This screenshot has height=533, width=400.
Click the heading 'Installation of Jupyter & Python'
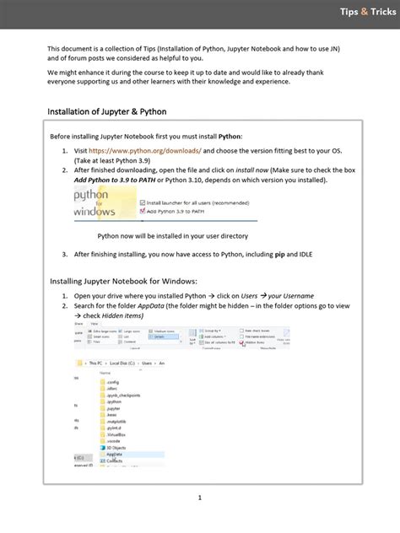pos(106,111)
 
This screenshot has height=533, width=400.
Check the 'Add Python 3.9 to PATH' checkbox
pos(143,211)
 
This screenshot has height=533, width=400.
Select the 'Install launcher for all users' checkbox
pos(143,202)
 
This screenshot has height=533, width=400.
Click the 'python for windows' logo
pos(101,203)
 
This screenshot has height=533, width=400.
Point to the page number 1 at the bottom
pos(200,498)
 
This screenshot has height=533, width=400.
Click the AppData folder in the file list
pos(112,454)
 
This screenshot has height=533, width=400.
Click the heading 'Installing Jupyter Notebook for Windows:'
pos(123,281)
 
